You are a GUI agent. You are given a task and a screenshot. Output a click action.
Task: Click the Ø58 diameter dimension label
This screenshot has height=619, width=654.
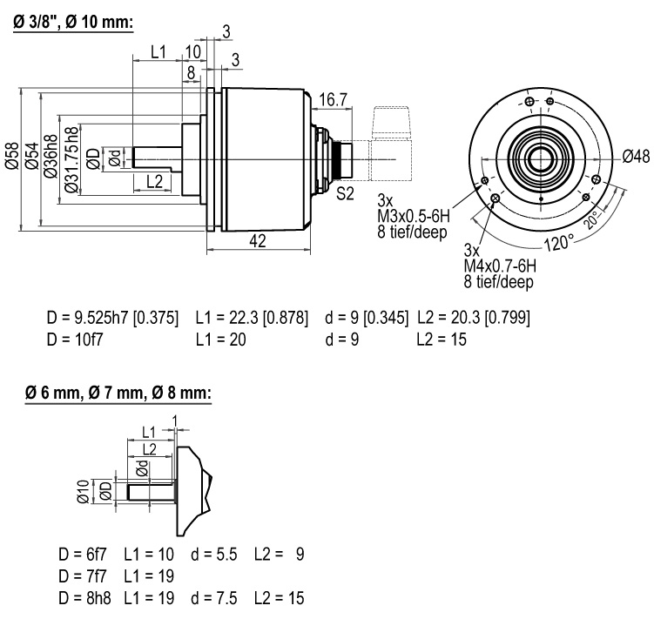(x=12, y=156)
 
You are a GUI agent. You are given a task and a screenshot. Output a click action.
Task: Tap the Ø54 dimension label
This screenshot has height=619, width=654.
(x=32, y=156)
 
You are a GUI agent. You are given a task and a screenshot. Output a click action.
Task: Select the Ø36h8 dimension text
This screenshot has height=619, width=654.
(x=51, y=156)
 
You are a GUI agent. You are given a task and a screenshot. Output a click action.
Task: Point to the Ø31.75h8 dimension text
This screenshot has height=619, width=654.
(x=71, y=159)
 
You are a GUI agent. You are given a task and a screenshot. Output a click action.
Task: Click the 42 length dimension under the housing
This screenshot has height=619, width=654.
(x=258, y=240)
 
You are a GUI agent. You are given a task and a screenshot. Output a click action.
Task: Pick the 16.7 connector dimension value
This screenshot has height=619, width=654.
(x=333, y=100)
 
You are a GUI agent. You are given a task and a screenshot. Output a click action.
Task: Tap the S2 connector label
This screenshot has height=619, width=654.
(x=345, y=193)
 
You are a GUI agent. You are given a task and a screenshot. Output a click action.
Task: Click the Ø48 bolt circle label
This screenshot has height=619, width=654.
(x=636, y=157)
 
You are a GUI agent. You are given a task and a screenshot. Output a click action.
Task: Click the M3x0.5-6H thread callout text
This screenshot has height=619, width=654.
(x=414, y=216)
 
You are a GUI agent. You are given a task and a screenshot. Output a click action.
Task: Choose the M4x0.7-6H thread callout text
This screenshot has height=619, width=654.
(x=500, y=266)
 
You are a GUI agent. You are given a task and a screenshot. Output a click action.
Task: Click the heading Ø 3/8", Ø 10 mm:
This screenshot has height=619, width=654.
(x=73, y=22)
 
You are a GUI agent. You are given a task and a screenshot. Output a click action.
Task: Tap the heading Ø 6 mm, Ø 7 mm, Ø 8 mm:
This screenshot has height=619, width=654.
(x=118, y=393)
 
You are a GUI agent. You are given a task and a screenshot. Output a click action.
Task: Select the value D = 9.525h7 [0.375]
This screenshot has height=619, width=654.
(x=112, y=319)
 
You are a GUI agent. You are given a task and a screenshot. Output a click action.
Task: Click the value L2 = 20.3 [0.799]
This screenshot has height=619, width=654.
(x=474, y=319)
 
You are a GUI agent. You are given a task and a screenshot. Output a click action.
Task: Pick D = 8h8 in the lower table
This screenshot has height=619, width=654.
(x=85, y=599)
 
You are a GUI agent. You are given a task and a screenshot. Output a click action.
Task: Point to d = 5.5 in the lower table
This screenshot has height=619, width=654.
(x=214, y=555)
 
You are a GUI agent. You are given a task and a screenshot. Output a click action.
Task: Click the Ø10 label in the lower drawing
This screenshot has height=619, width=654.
(x=84, y=491)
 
